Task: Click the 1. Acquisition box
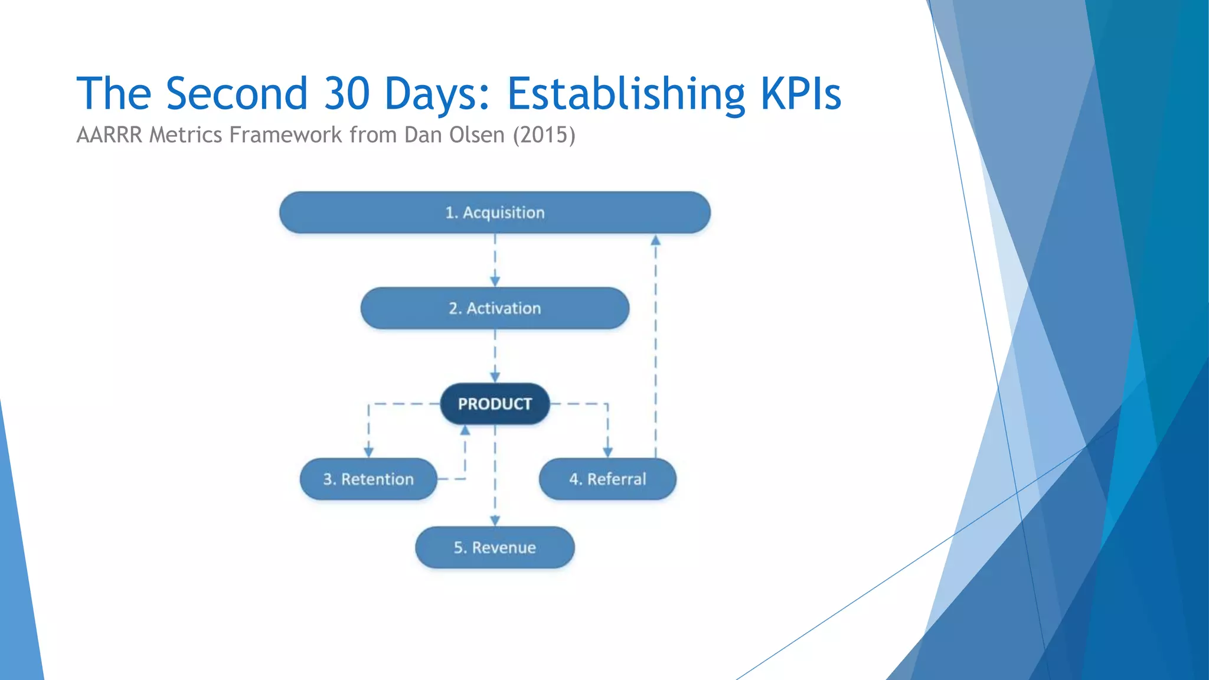[x=495, y=212]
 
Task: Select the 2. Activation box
[x=495, y=308]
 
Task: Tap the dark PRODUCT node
[x=495, y=404]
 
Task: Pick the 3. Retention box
[x=368, y=479]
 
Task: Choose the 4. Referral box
[x=607, y=479]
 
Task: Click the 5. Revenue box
[x=495, y=547]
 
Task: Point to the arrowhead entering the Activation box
[x=495, y=282]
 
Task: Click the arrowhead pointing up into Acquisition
[x=655, y=240]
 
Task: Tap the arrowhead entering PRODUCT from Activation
[x=495, y=377]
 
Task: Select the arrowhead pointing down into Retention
[x=368, y=452]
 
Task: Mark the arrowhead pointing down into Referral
[x=607, y=452]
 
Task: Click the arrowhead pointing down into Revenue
[x=495, y=521]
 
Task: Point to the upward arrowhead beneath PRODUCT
[x=465, y=430]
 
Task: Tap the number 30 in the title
[x=347, y=93]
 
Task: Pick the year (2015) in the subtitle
[x=544, y=135]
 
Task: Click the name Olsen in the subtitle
[x=476, y=135]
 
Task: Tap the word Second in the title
[x=237, y=93]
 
